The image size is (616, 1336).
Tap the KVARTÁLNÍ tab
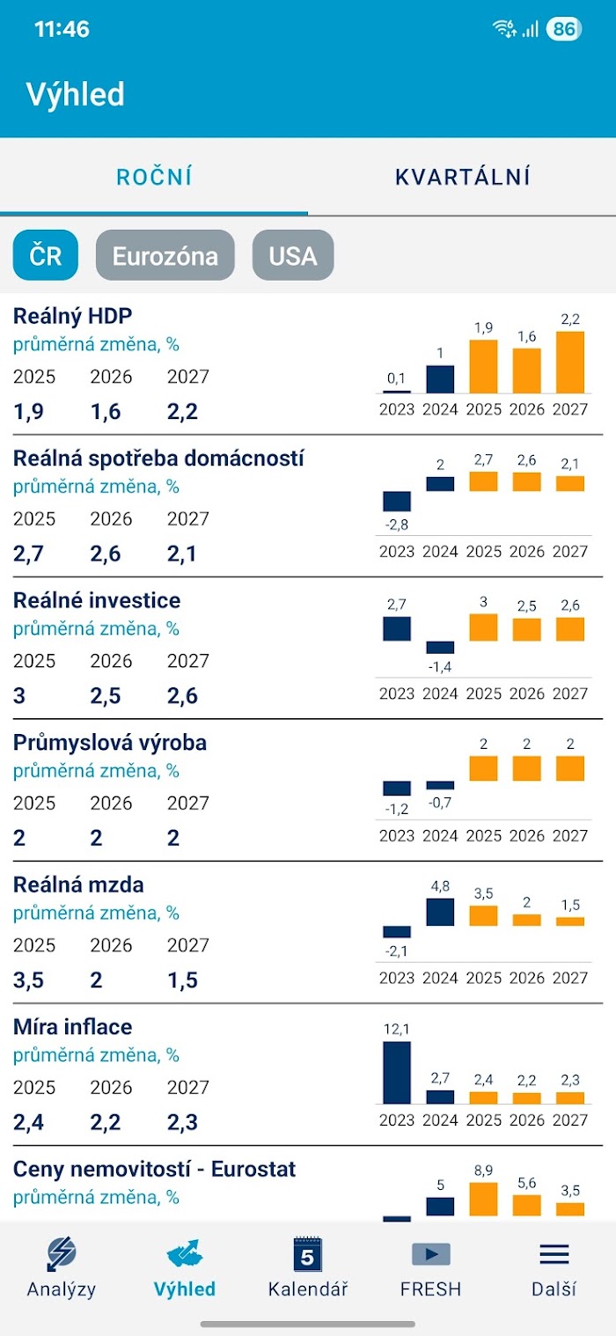click(462, 177)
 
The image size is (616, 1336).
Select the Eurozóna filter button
click(165, 255)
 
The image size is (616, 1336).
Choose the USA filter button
click(293, 255)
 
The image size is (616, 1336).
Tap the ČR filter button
click(46, 255)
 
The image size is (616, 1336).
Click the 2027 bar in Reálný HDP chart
click(570, 362)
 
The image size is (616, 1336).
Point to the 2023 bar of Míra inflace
click(397, 1072)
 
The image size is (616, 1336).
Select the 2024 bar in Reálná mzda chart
click(440, 912)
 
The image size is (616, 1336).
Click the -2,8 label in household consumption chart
click(397, 525)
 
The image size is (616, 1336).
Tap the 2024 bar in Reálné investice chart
click(440, 647)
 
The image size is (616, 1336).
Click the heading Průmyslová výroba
click(110, 743)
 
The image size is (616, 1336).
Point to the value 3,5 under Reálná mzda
click(28, 980)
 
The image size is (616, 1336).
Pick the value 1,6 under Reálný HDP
click(106, 412)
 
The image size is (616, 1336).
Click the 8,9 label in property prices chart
click(483, 1170)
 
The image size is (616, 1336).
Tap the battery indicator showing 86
click(563, 29)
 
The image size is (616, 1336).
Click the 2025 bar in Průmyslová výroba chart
click(483, 768)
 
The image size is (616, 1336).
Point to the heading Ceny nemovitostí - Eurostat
click(154, 1169)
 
